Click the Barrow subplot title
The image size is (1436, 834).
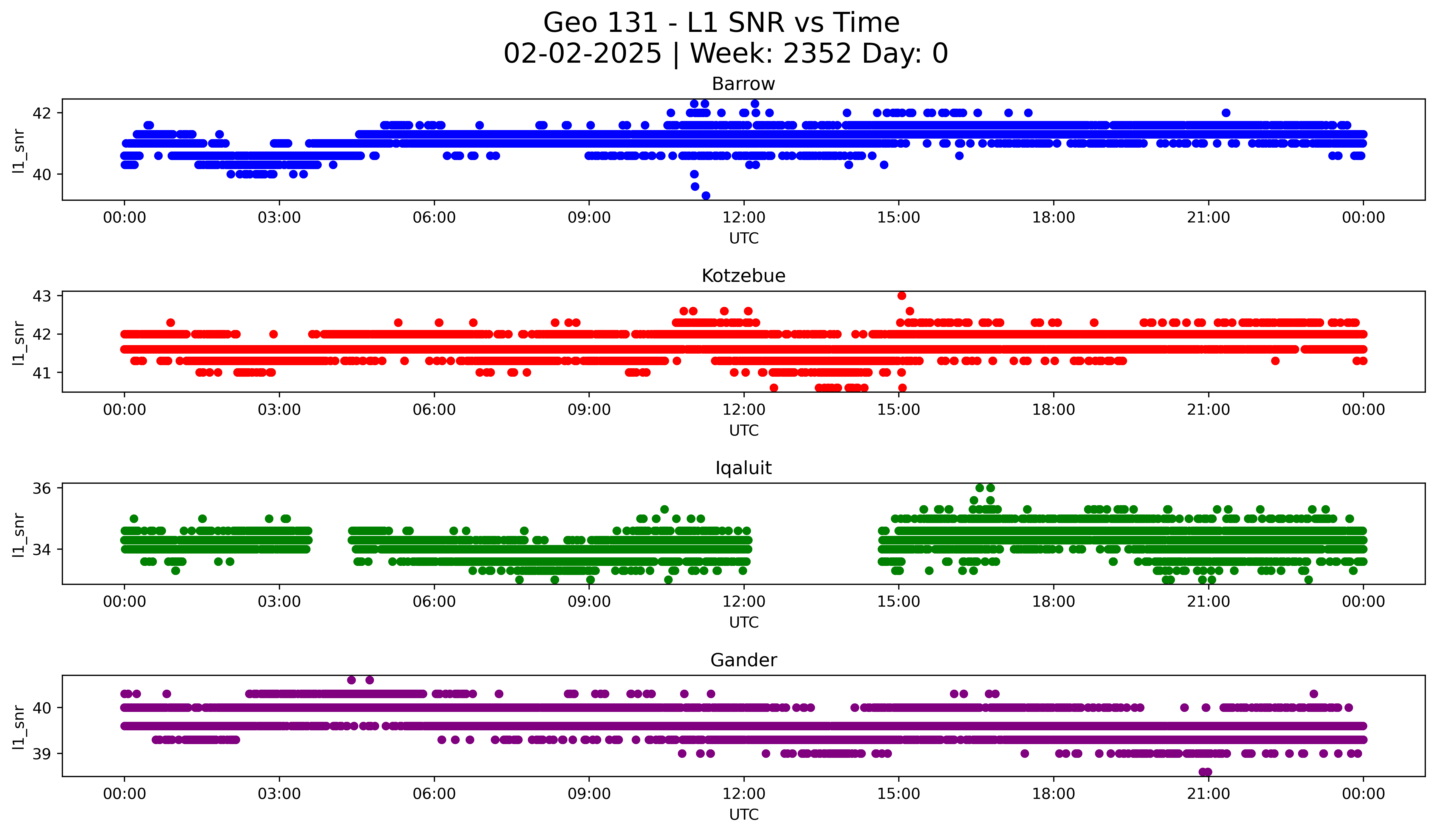click(743, 84)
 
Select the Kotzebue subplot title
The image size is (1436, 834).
click(743, 276)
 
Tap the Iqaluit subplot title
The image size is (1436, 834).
click(743, 468)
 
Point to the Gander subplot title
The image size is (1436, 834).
click(743, 660)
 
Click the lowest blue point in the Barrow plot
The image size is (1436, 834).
click(705, 196)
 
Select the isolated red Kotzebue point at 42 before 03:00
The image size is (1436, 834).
click(273, 334)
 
